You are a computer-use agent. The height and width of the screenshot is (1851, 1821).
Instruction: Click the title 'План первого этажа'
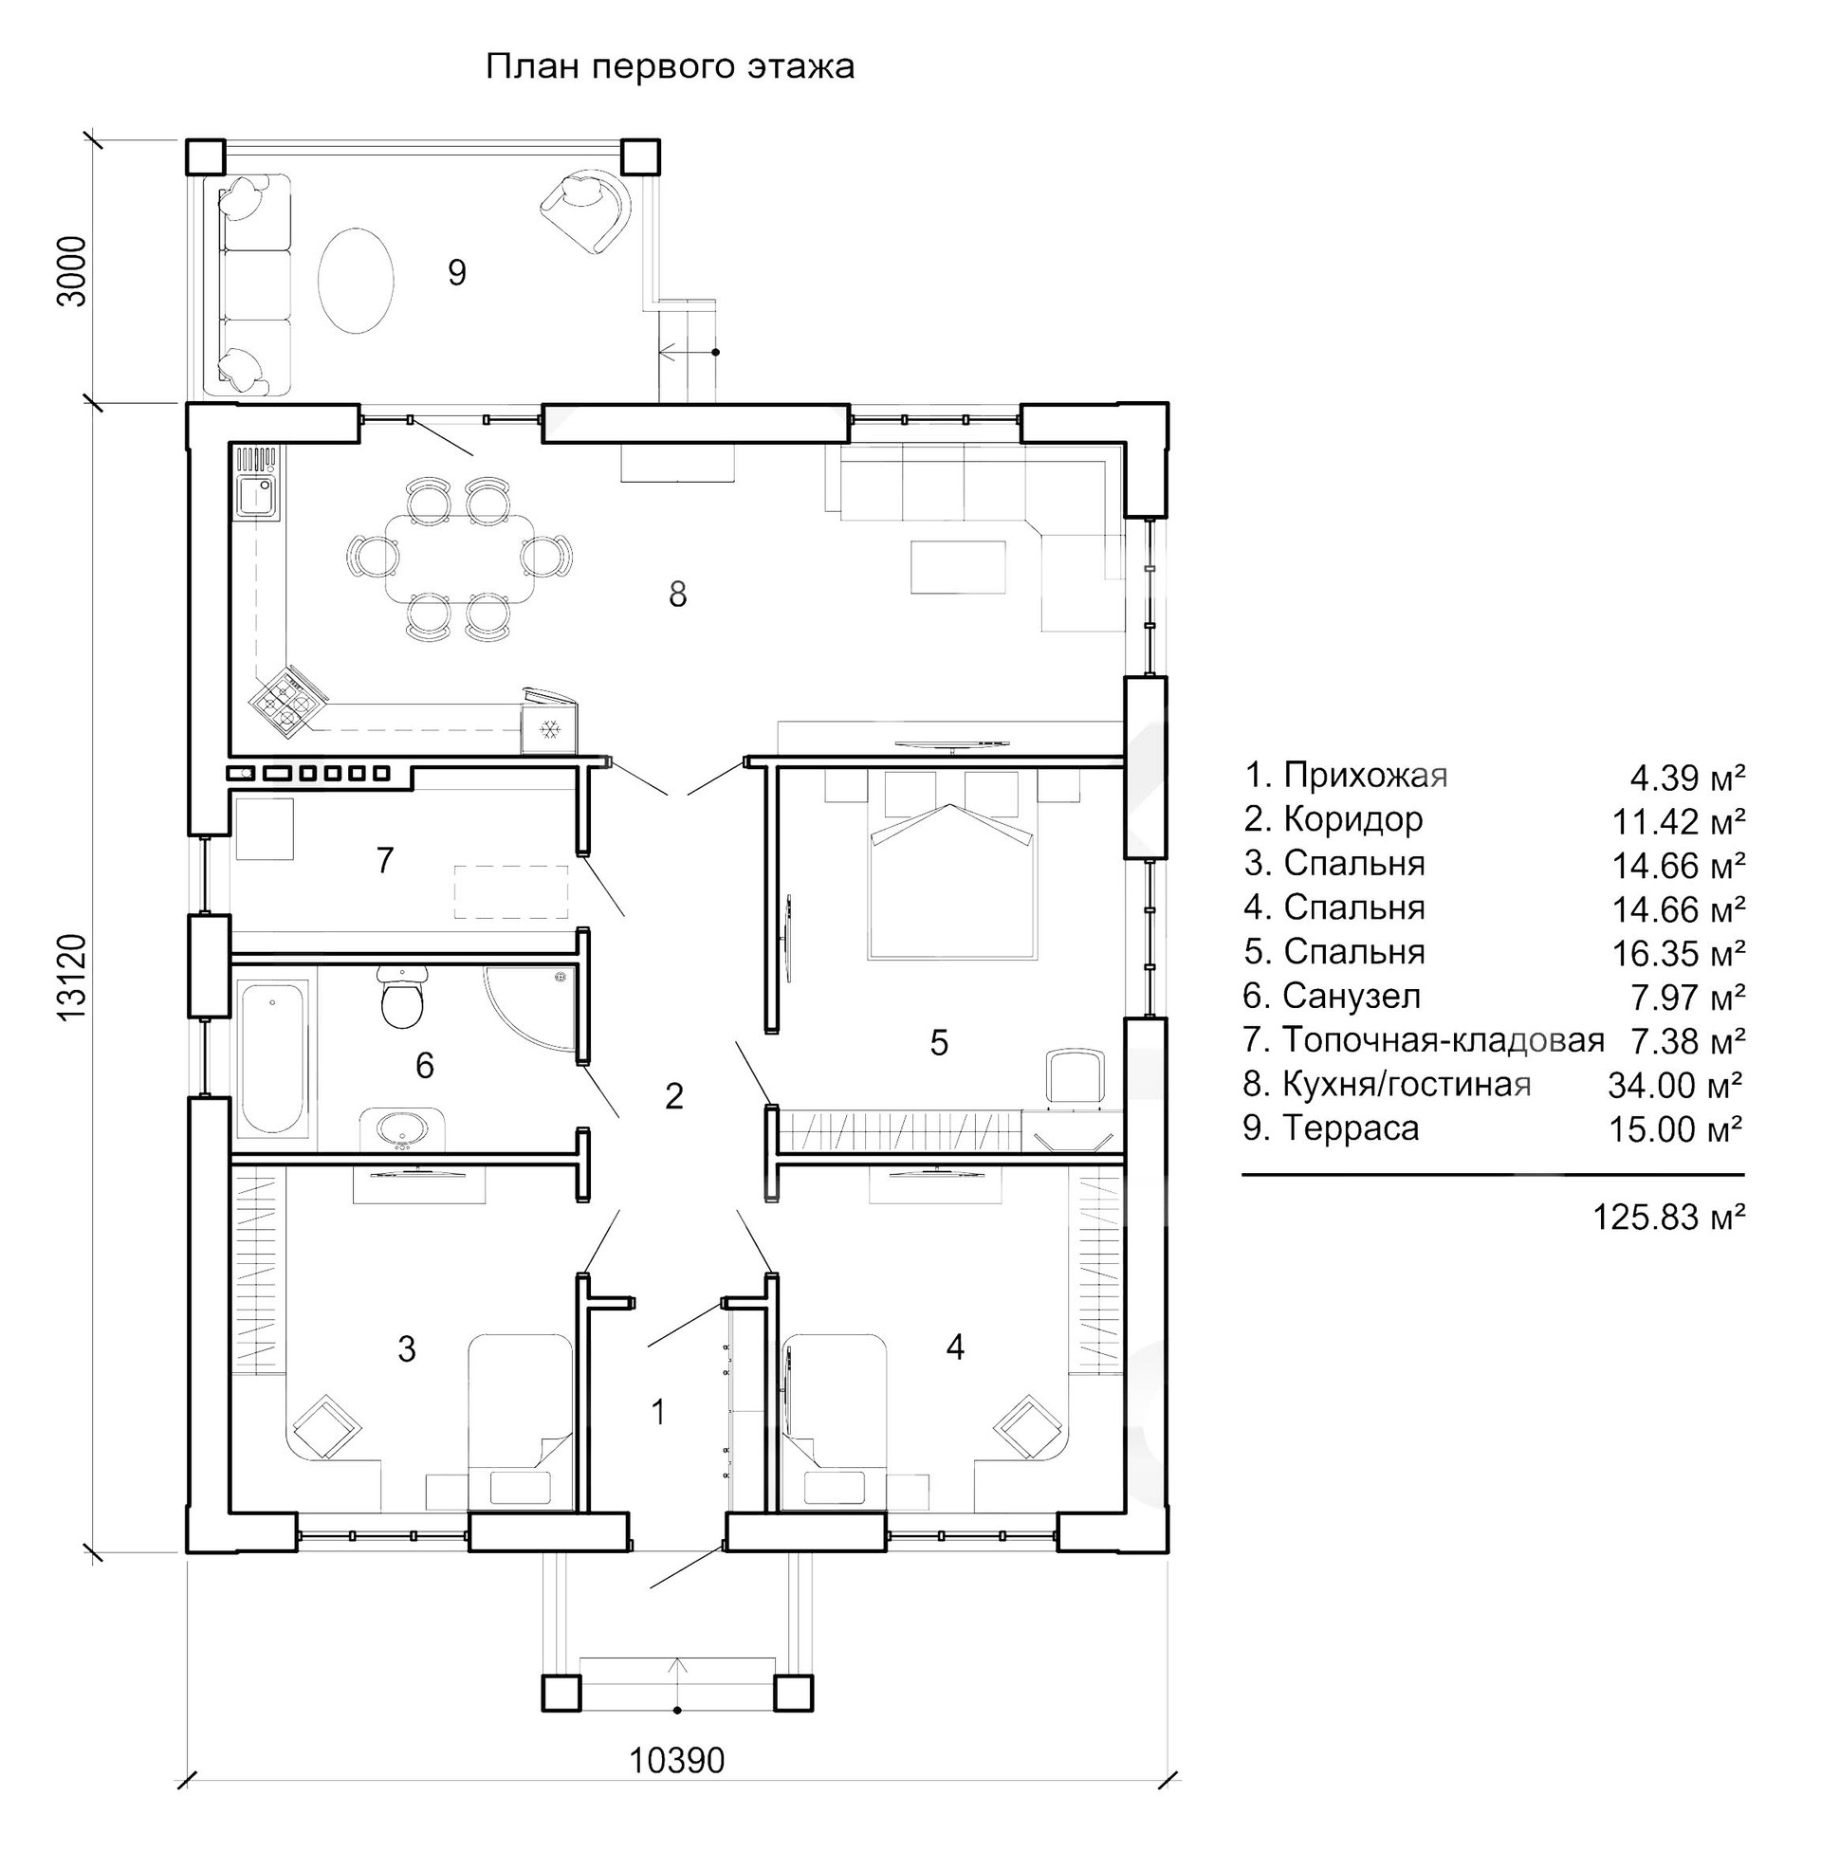(670, 68)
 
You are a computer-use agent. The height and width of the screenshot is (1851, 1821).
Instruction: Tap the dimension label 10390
(677, 1760)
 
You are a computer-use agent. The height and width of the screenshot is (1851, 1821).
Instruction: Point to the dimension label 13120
(73, 979)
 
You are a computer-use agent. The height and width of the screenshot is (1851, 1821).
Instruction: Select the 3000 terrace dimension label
(73, 270)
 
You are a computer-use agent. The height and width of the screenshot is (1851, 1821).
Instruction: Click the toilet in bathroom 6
(403, 999)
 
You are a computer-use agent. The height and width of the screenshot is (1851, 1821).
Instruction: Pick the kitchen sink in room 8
(255, 497)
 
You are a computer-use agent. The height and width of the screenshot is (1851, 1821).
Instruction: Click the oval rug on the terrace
(354, 279)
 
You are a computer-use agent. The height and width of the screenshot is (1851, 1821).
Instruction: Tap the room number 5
(939, 1042)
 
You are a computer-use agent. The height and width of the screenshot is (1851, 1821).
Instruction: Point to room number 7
(384, 860)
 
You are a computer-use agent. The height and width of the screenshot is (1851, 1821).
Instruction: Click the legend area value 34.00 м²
(1675, 1085)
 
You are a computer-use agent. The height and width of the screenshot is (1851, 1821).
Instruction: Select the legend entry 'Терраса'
(1351, 1128)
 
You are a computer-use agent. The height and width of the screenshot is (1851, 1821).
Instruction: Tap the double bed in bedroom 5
(951, 875)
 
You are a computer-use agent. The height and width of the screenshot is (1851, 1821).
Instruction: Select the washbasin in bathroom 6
(402, 1128)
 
